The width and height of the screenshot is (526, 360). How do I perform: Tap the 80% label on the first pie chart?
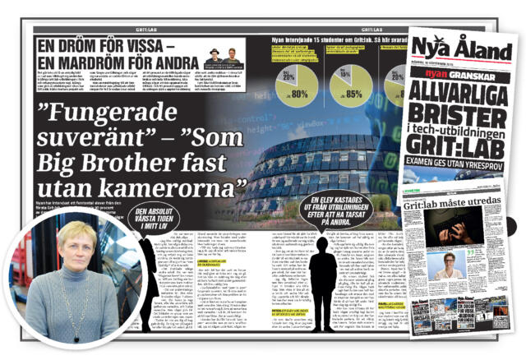pyautogui.click(x=300, y=93)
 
